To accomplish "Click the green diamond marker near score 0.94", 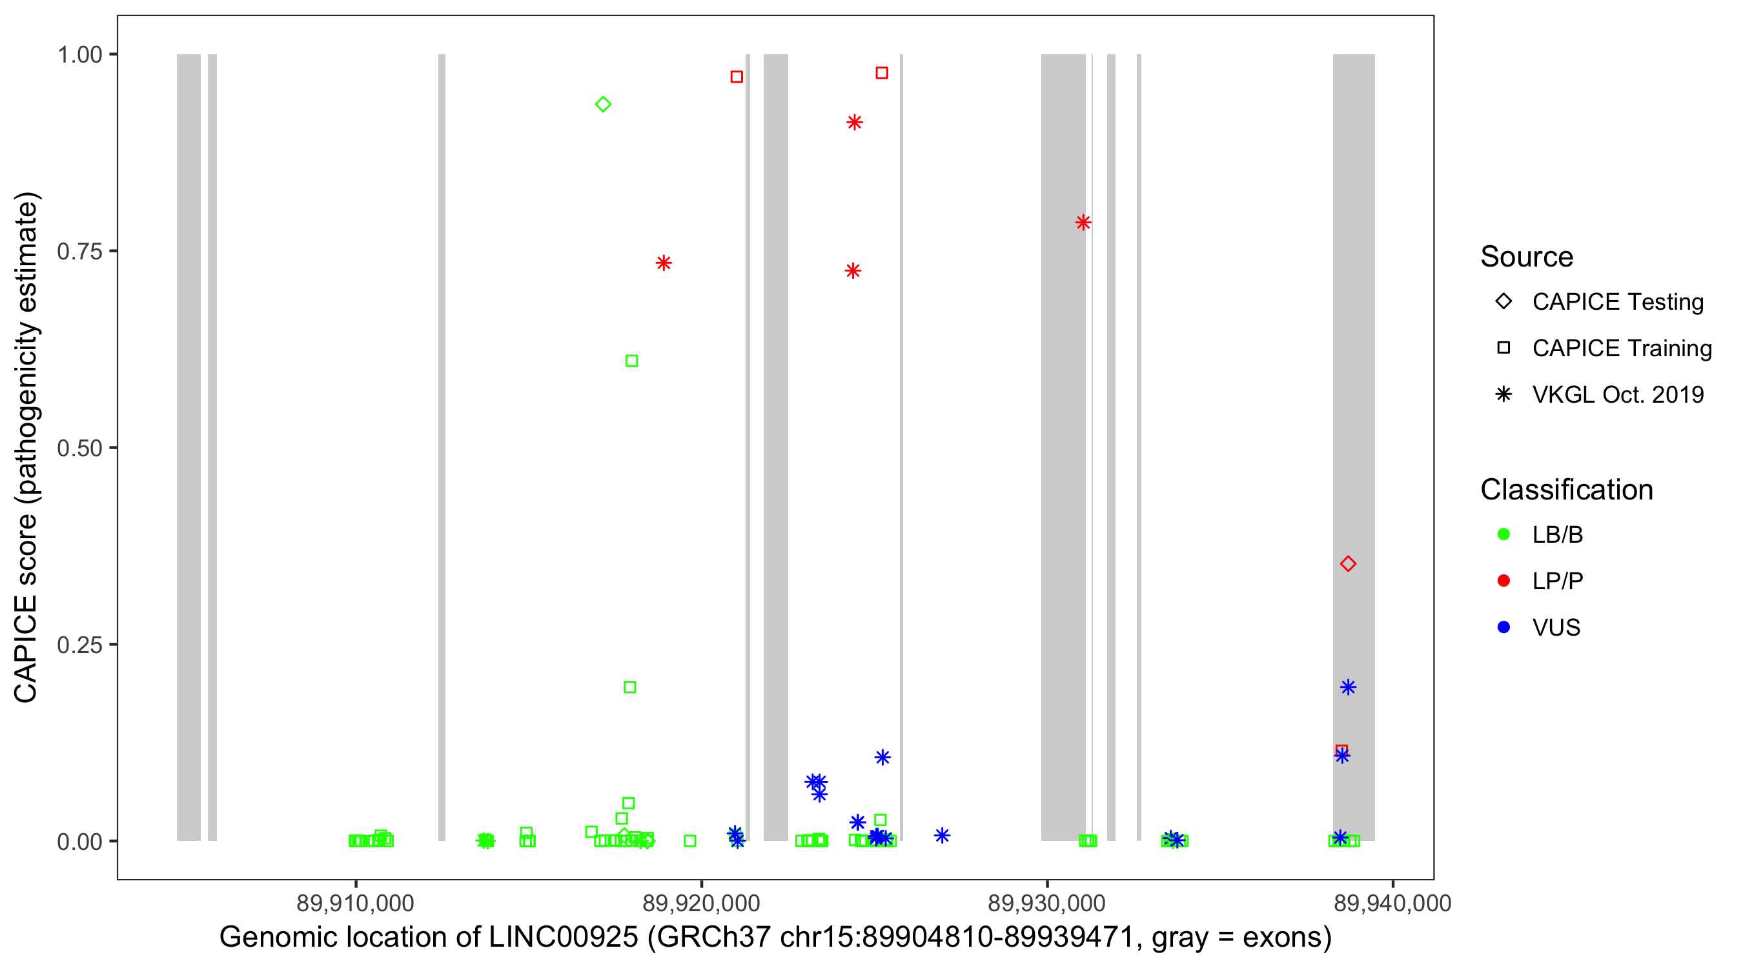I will [603, 104].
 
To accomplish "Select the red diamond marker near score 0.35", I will [1348, 563].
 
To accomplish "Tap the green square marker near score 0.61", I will [631, 361].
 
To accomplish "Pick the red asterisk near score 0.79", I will [1083, 223].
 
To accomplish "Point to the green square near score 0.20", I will [629, 687].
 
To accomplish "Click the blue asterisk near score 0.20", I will [1348, 687].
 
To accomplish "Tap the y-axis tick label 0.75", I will [79, 251].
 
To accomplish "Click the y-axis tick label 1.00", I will [79, 54].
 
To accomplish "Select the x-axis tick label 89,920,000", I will [701, 903].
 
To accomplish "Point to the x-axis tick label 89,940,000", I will [1392, 903].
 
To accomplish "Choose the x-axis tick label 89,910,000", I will [355, 903].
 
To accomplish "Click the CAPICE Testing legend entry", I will [1617, 302].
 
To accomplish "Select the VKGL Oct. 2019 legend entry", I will [1617, 394].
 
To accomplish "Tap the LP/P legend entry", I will [1557, 581].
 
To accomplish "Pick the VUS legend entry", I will [1556, 628].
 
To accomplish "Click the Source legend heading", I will [1527, 257].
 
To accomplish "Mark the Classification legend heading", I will [1566, 490].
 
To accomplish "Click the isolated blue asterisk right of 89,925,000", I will [942, 836].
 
